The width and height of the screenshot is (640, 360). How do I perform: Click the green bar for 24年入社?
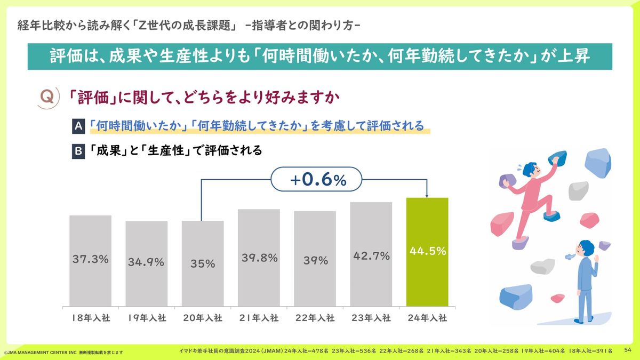[427, 252]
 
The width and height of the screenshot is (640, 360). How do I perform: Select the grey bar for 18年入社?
[90, 261]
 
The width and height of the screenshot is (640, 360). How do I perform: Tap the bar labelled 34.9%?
[146, 264]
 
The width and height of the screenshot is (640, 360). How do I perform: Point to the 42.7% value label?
[371, 256]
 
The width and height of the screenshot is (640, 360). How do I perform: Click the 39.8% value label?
[259, 258]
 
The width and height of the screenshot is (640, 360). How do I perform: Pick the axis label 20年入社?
[202, 318]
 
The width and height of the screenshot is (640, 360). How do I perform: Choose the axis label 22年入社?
[315, 318]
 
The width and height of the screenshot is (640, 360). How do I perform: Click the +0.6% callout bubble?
[316, 180]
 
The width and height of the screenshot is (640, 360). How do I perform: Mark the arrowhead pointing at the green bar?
[427, 195]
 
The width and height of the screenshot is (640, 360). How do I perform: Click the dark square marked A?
[78, 126]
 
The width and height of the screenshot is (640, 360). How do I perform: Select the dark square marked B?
[78, 151]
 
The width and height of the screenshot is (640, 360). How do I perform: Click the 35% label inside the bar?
[203, 263]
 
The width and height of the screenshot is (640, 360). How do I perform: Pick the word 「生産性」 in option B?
[165, 151]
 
